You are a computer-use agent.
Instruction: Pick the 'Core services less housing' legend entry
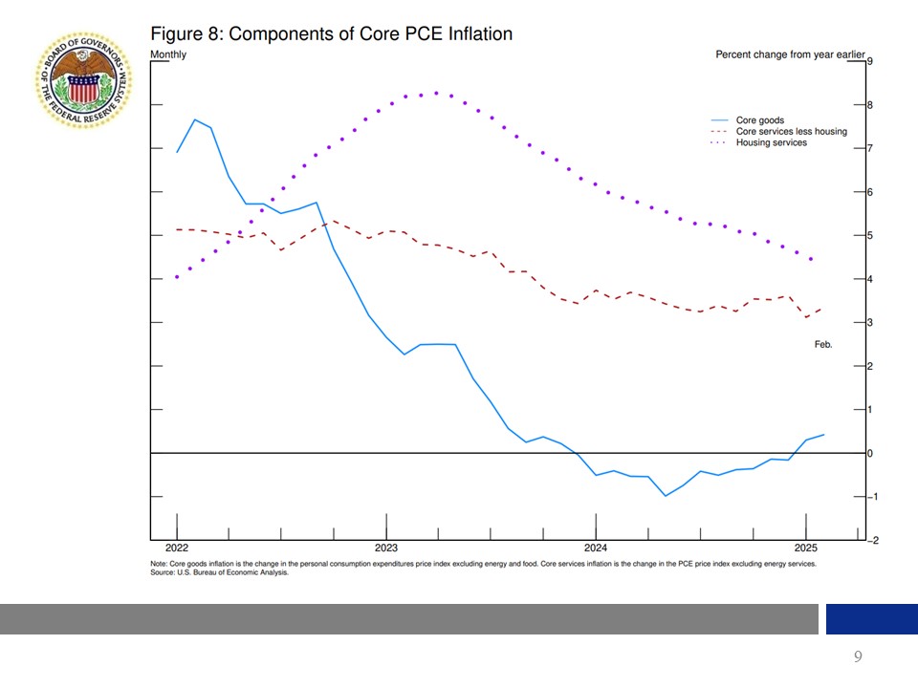point(791,132)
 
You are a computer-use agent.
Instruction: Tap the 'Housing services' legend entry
point(771,142)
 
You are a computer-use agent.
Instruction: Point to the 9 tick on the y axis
point(868,61)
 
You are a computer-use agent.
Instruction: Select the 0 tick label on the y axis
point(868,453)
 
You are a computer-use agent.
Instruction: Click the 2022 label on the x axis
point(177,548)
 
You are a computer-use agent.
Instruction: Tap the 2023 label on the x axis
point(386,548)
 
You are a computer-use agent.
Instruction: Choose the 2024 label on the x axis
point(596,548)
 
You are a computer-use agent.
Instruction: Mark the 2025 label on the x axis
point(805,548)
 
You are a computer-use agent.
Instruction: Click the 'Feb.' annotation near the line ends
point(823,344)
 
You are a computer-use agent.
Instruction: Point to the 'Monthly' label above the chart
point(168,54)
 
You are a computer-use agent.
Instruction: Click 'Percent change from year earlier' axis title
point(776,54)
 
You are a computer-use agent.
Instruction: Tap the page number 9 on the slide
point(858,656)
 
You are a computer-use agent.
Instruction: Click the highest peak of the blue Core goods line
point(195,119)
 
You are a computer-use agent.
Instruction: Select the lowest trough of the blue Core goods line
point(666,496)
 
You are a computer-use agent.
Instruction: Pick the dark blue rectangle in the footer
point(871,619)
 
